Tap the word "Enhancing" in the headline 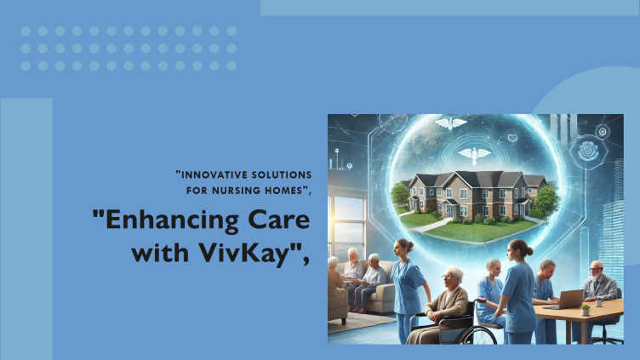[x=172, y=220]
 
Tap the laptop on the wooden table [x=566, y=300]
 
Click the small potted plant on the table [x=586, y=310]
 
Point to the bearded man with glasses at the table [x=598, y=282]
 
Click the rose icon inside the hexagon [x=588, y=151]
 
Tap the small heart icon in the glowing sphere [x=512, y=138]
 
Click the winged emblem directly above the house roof [x=474, y=155]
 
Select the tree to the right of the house [x=546, y=201]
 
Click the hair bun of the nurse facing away [x=529, y=250]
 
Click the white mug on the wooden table [x=598, y=303]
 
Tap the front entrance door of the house [x=450, y=210]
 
